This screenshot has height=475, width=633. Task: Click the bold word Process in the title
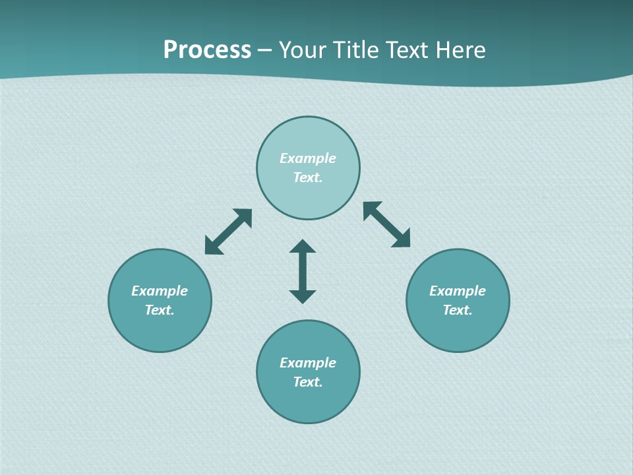click(207, 50)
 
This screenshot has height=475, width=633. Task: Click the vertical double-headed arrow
click(303, 271)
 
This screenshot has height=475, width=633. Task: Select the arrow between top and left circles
click(228, 232)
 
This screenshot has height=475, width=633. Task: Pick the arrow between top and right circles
click(387, 224)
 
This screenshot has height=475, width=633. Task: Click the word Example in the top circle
click(308, 158)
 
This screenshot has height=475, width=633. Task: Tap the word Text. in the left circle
click(160, 310)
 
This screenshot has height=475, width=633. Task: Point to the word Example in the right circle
click(458, 291)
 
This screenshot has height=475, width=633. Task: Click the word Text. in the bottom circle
click(308, 382)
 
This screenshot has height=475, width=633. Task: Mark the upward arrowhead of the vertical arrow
click(303, 246)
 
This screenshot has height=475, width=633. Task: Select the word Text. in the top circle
click(308, 177)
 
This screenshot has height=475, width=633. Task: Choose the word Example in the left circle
click(160, 291)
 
